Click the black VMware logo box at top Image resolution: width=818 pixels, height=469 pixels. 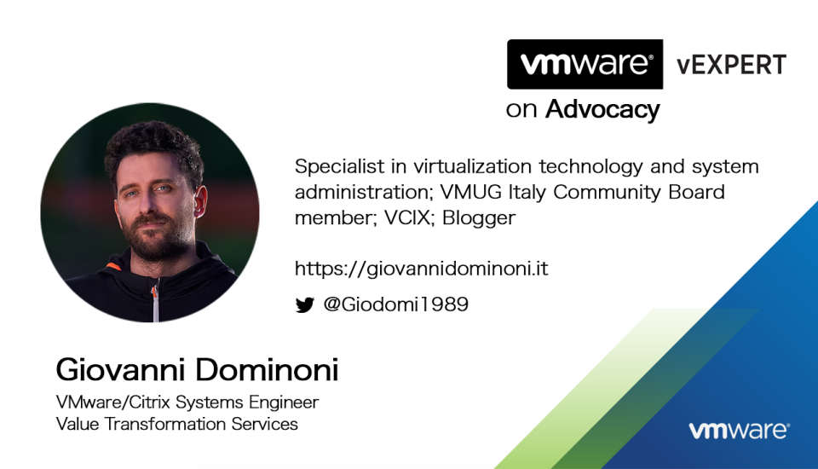coord(585,64)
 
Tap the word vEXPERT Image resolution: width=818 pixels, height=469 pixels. coord(731,66)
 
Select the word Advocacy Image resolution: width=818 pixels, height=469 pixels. coord(602,110)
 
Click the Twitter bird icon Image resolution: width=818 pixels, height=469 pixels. coord(305,304)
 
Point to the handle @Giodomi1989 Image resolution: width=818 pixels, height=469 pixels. coord(396,304)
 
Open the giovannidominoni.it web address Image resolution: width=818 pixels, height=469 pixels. coord(422,269)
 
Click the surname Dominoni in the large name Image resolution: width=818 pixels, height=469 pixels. coord(267,370)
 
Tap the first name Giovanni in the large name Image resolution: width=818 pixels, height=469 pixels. coord(120,370)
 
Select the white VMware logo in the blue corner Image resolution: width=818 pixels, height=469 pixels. coord(740,430)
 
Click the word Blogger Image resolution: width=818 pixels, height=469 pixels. coord(479,217)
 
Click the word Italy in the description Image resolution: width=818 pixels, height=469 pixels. coord(527,193)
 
